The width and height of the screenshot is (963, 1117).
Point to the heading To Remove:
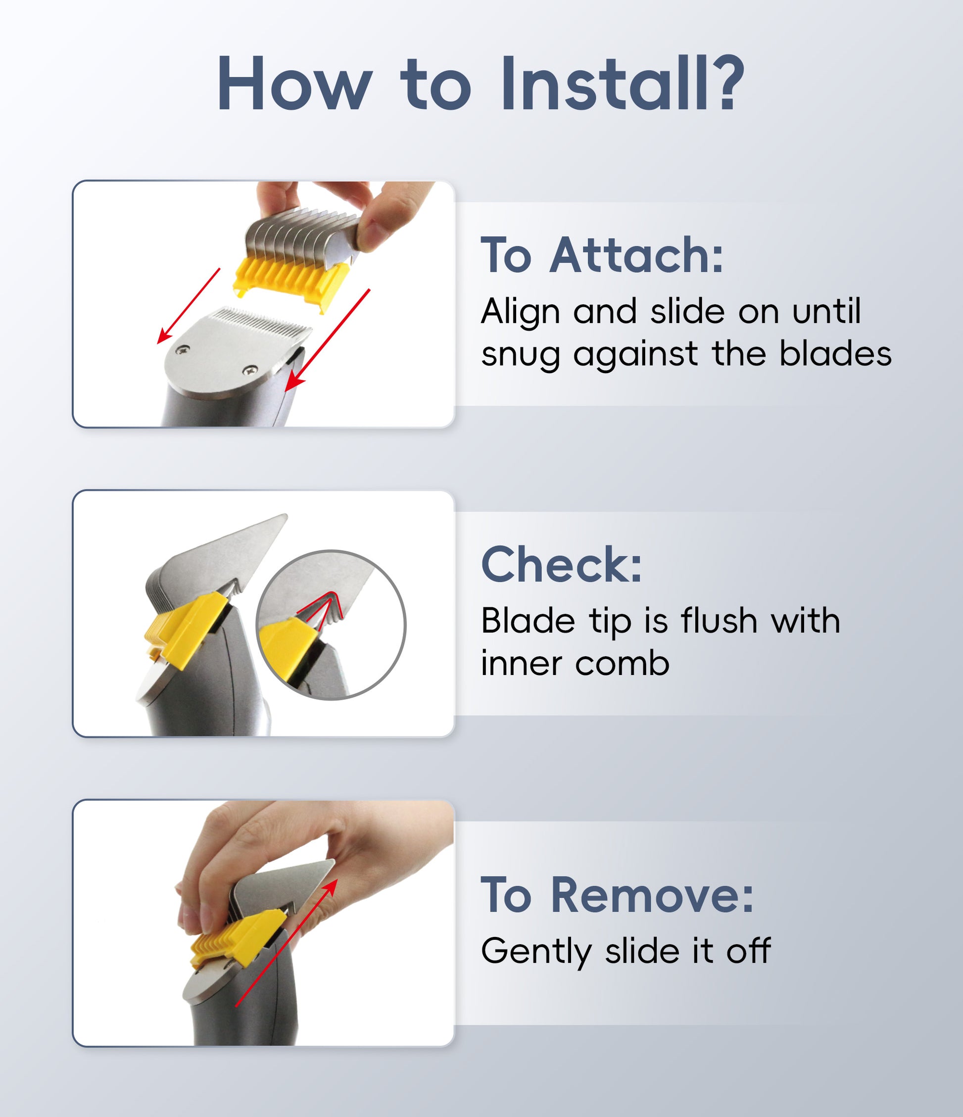617,895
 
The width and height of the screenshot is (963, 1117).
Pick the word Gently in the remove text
536,952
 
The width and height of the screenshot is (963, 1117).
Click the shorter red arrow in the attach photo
188,306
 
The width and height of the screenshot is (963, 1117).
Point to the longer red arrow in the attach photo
327,340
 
